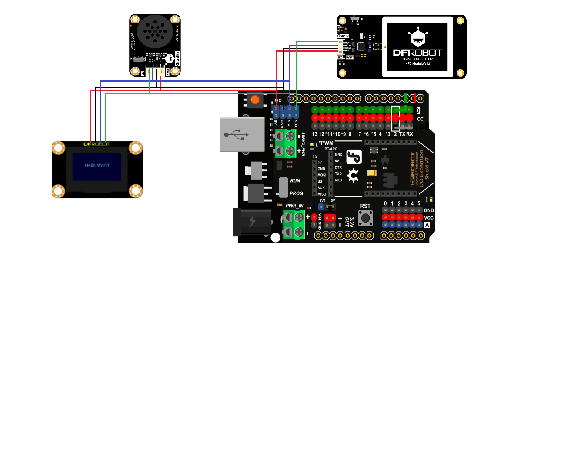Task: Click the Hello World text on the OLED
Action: pos(97,165)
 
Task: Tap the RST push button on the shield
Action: pos(366,218)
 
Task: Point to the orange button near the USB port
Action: pos(255,100)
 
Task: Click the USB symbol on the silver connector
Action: pos(237,134)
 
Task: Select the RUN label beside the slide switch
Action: pos(295,180)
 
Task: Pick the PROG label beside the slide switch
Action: pos(296,193)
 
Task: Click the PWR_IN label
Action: pos(294,206)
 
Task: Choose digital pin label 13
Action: pos(315,134)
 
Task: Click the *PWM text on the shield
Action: pos(326,143)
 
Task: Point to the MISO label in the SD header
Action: pos(322,194)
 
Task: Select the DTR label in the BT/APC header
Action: pos(338,167)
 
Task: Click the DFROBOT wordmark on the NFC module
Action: pos(417,53)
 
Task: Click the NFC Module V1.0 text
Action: pos(418,64)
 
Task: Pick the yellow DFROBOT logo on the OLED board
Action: pos(97,144)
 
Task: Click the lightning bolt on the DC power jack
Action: pos(253,222)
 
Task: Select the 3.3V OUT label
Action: pos(349,222)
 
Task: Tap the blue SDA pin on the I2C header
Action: pos(296,109)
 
